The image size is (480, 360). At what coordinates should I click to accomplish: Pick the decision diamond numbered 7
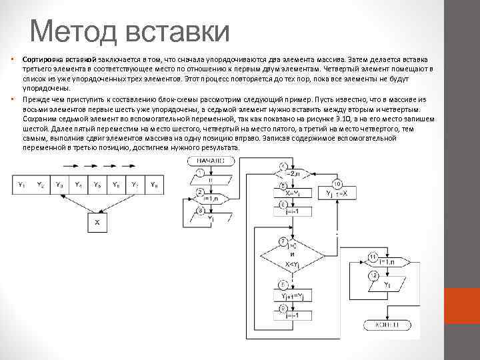292,255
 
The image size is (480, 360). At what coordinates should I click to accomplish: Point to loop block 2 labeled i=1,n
209,197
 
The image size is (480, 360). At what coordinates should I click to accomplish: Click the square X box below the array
97,222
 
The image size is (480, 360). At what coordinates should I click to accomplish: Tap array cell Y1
21,185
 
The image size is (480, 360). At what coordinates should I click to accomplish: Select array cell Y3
59,185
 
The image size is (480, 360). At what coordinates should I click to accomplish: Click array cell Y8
154,185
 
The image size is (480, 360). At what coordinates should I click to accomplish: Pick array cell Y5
97,185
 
